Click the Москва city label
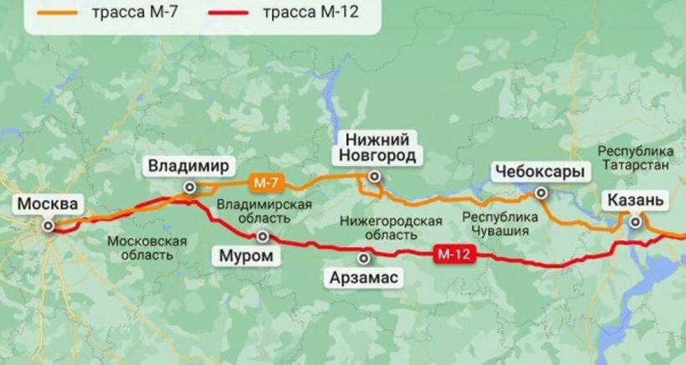pos(49,203)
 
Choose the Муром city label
pos(245,255)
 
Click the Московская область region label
pos(146,247)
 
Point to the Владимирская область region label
pos(264,213)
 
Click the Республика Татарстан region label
pos(636,157)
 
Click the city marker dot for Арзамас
pos(363,258)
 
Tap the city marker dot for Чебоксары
pos(541,193)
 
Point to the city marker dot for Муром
pos(264,237)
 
